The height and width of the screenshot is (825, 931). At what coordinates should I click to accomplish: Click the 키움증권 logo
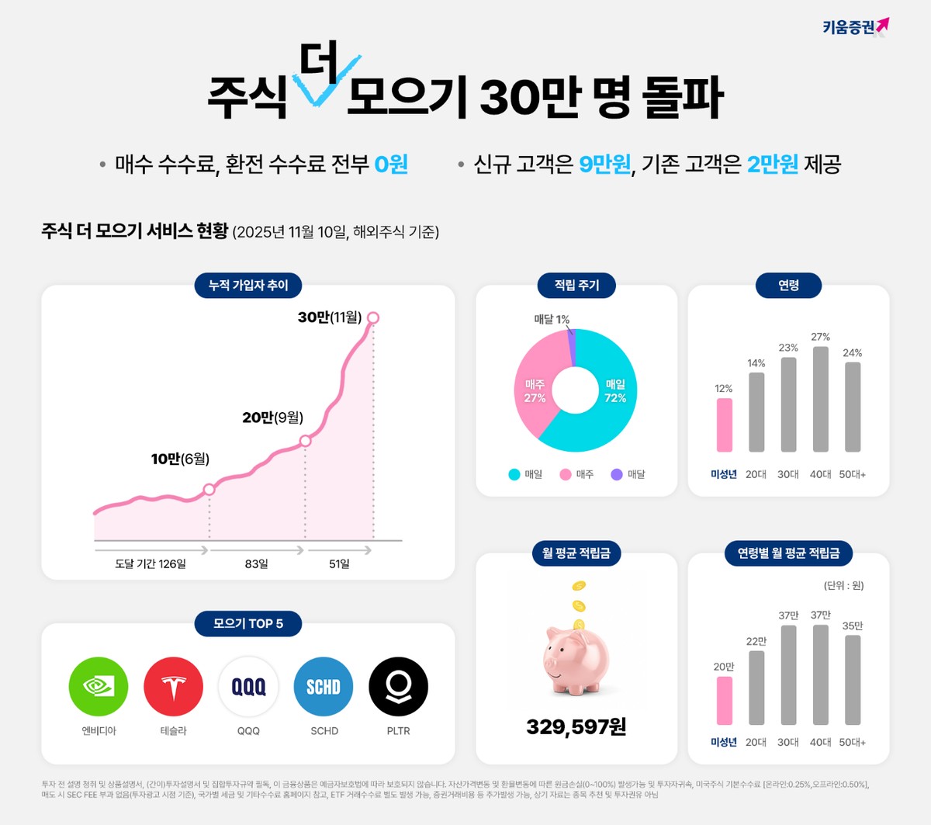click(x=855, y=27)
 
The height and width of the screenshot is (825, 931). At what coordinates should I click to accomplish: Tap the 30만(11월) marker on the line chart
click(x=373, y=317)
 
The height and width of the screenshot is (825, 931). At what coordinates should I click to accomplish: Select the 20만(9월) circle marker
click(x=306, y=441)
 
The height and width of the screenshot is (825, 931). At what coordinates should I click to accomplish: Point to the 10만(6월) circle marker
click(x=209, y=489)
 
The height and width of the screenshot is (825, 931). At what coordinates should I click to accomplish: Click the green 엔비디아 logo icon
click(x=99, y=687)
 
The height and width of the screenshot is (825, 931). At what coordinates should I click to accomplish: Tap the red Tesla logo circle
click(x=173, y=687)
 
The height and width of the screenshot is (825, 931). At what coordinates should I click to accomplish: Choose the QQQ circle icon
click(x=248, y=687)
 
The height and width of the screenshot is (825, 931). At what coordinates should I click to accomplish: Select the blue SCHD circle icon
click(x=324, y=687)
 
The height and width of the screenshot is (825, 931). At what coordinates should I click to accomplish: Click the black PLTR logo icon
click(x=398, y=687)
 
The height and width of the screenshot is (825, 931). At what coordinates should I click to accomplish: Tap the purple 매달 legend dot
click(x=617, y=474)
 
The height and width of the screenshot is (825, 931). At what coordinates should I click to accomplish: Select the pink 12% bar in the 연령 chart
click(x=724, y=425)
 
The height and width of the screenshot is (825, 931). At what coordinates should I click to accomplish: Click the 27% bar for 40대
click(x=820, y=399)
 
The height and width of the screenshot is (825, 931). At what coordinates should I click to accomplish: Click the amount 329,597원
click(x=576, y=727)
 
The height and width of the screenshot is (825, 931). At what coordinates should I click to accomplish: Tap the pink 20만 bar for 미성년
click(x=724, y=700)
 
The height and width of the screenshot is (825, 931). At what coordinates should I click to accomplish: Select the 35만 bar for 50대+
click(x=853, y=680)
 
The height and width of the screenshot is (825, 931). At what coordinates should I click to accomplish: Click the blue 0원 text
click(x=391, y=165)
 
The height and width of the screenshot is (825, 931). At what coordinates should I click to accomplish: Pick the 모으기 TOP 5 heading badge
click(x=248, y=623)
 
